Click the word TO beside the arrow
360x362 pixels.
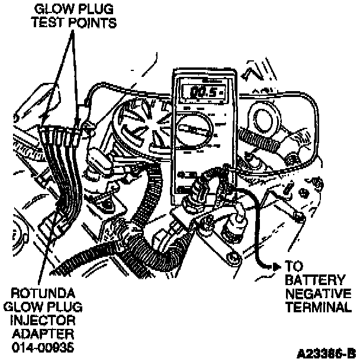(x=294, y=266)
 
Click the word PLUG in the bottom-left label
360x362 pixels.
(x=67, y=308)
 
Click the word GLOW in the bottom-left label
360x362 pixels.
(x=25, y=308)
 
